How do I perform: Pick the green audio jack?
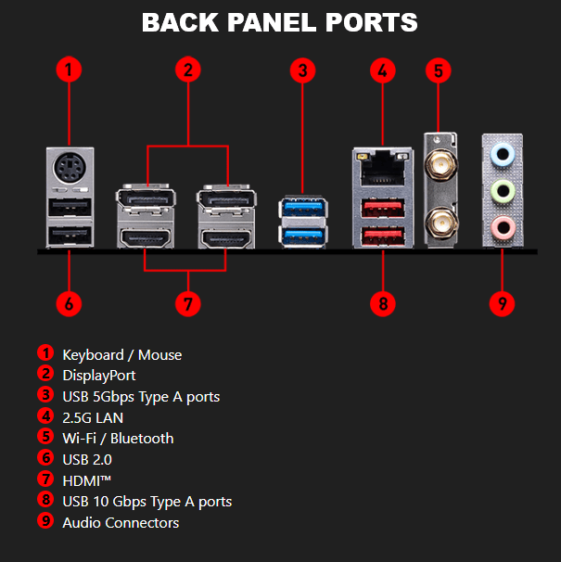click(x=503, y=188)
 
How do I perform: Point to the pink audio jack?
click(x=503, y=225)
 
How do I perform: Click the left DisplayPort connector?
click(x=143, y=199)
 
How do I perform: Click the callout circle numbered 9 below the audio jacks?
click(x=502, y=302)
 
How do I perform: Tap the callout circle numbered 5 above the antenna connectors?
click(x=439, y=69)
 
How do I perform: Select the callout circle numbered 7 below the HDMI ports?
click(x=188, y=302)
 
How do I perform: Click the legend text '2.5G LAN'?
click(x=93, y=417)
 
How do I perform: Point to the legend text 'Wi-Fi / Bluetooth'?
click(x=118, y=438)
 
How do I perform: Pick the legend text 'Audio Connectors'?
click(x=121, y=522)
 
